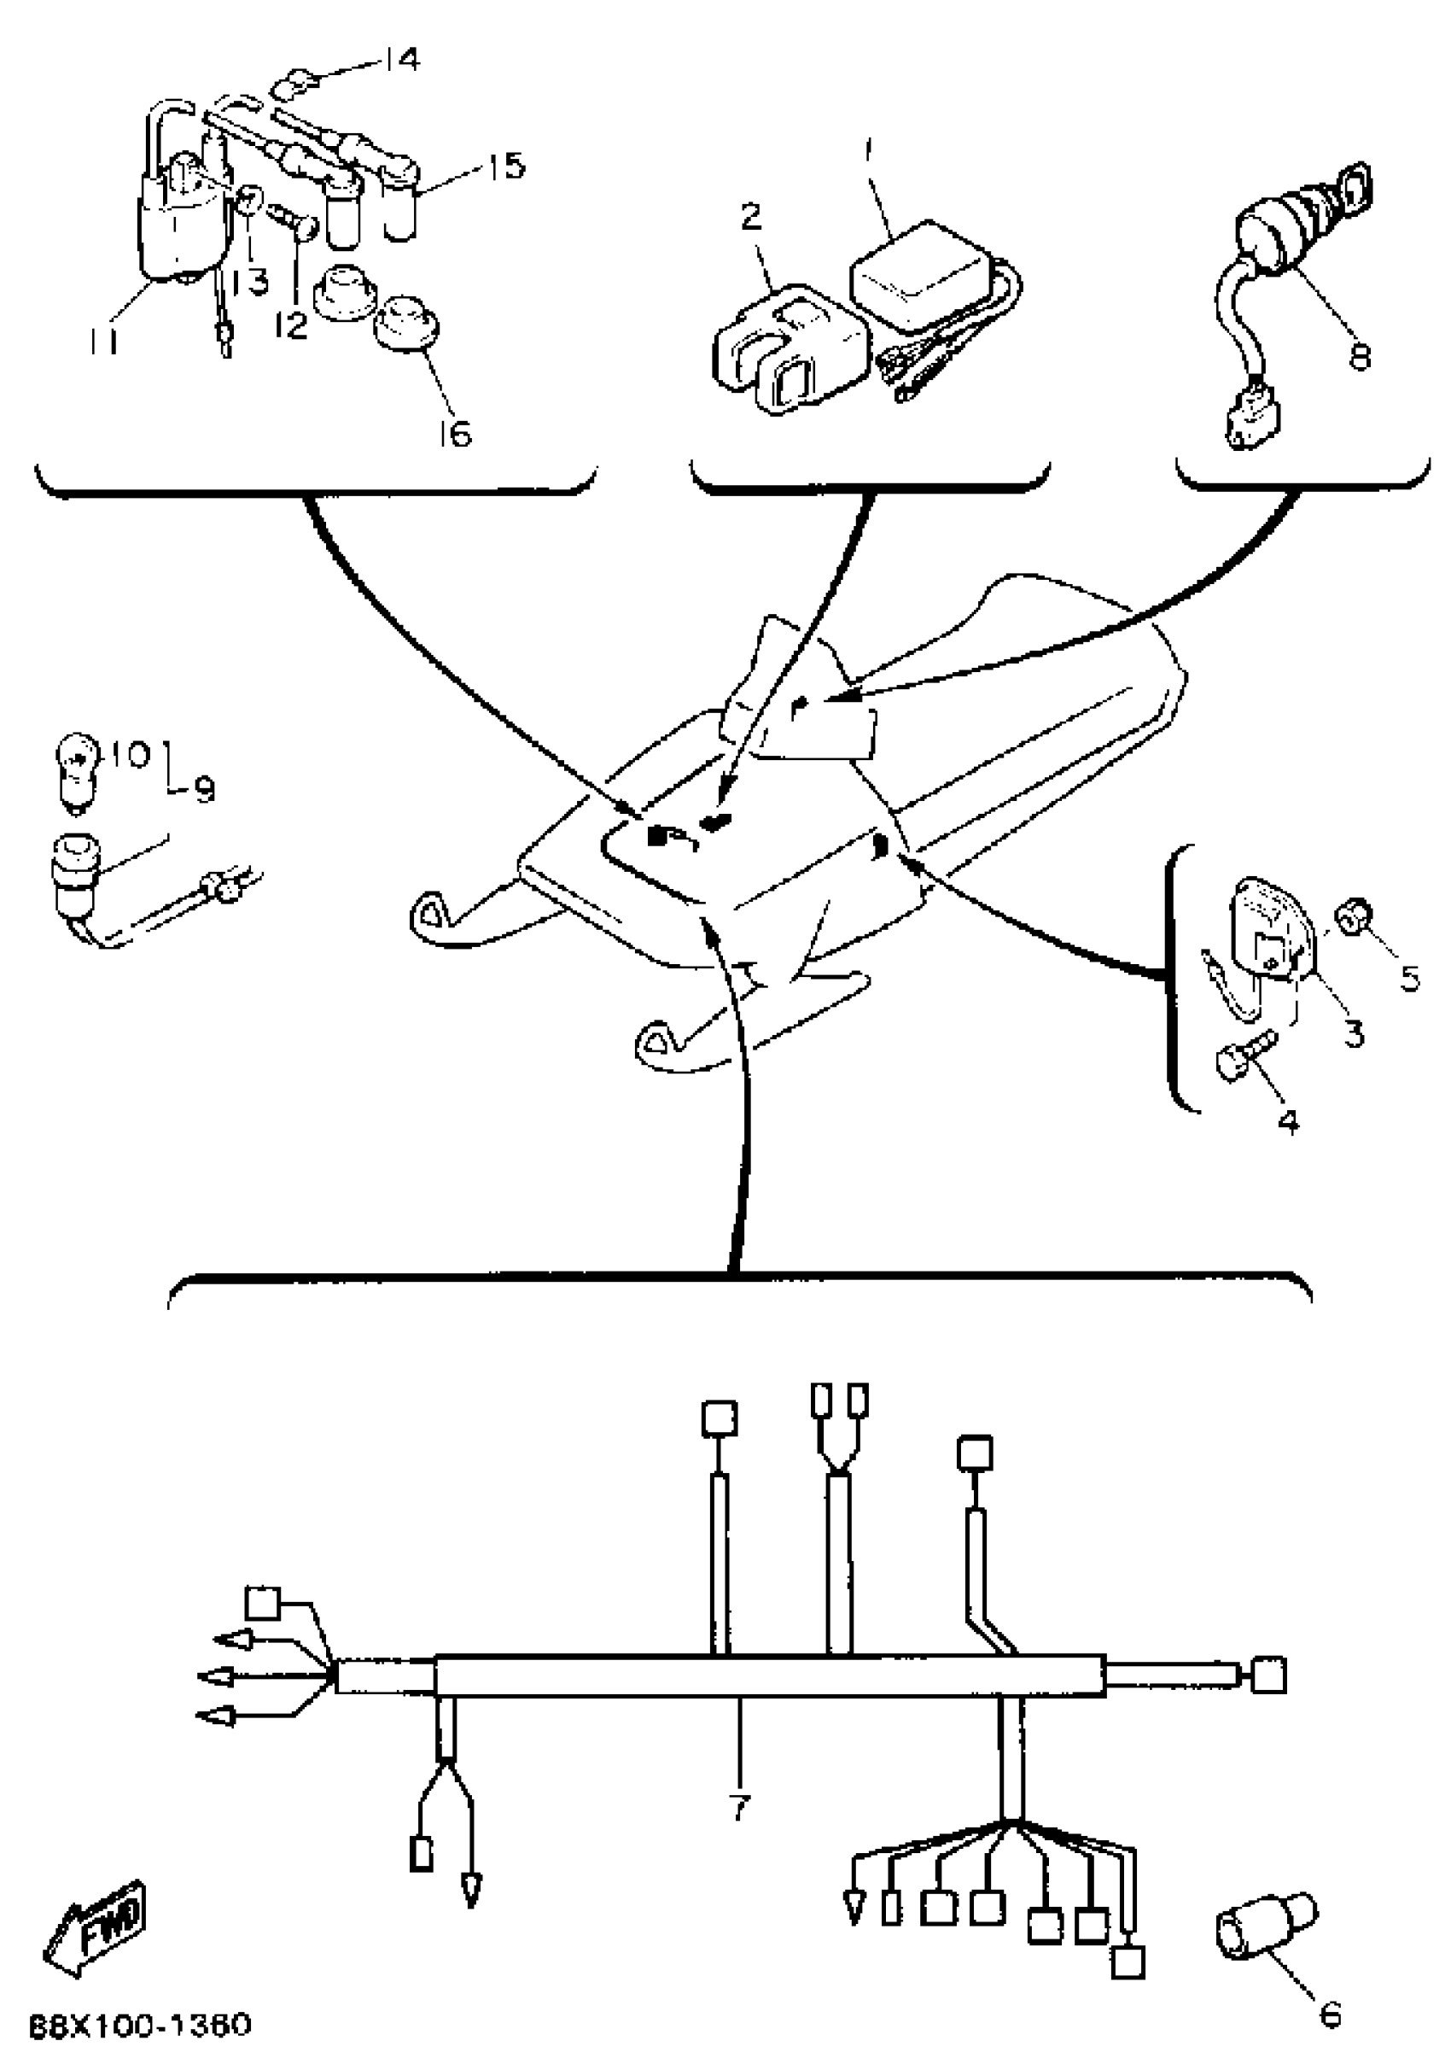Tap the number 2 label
click(751, 217)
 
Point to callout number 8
click(1359, 356)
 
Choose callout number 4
click(1289, 1120)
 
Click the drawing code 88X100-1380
click(140, 2025)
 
